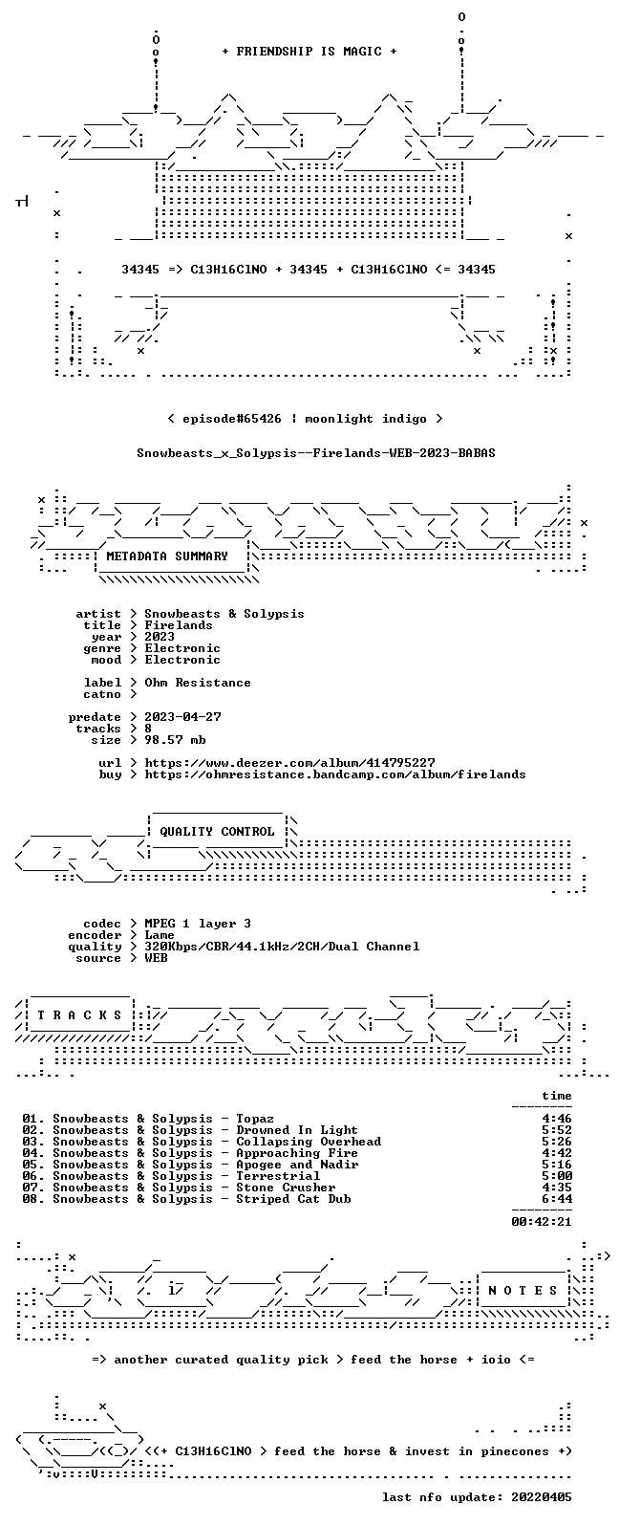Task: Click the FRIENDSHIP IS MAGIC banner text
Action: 309,52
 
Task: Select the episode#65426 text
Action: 231,419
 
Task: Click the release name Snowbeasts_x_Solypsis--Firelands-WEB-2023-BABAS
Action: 316,453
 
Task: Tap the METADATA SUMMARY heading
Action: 167,556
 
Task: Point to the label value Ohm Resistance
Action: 198,683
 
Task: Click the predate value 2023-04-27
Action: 182,717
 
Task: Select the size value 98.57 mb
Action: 175,740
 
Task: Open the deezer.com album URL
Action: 289,763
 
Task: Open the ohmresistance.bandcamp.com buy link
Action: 335,774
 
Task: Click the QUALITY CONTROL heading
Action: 217,832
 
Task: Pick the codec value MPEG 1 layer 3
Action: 198,924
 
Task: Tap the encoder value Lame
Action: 160,935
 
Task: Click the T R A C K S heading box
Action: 79,1015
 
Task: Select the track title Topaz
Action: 255,1119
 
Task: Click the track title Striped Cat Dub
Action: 293,1199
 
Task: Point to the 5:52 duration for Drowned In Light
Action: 557,1130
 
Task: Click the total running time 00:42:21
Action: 542,1222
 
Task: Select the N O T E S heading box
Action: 523,1291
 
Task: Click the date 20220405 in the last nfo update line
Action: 542,1496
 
